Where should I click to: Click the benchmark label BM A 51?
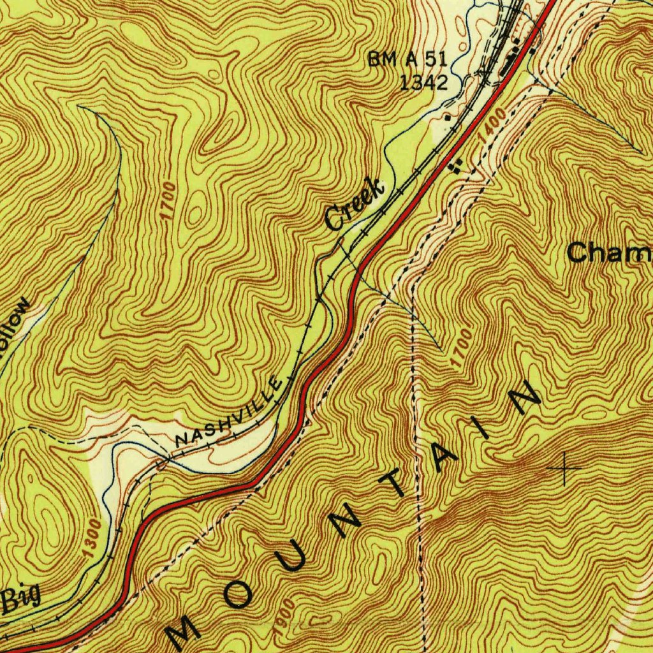(x=407, y=61)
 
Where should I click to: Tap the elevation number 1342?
(x=424, y=82)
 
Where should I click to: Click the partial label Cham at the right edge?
(x=609, y=253)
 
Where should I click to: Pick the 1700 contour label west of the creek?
(x=168, y=202)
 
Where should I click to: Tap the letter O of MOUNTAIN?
(x=239, y=596)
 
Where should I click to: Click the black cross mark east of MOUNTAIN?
(x=565, y=469)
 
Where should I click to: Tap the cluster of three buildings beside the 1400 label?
(x=455, y=167)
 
